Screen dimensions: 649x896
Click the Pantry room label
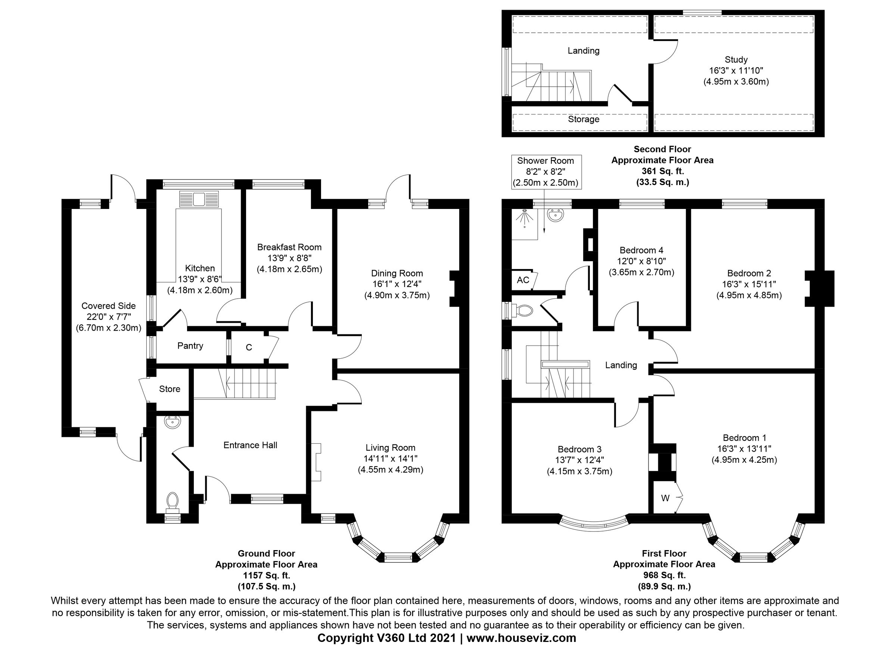tap(190, 346)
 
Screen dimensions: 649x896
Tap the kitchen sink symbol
tap(199, 199)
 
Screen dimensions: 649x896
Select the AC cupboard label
tap(523, 280)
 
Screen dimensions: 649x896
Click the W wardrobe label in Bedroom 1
tap(665, 499)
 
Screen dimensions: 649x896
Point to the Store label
tap(169, 389)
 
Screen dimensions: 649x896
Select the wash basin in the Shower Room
tap(556, 216)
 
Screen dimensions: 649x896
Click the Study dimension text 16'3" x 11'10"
tap(736, 71)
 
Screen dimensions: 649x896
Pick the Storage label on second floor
tap(584, 119)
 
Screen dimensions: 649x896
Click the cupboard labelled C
tap(249, 347)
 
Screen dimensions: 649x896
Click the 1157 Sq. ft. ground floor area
tap(266, 575)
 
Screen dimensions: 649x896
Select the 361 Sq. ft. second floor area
tap(663, 171)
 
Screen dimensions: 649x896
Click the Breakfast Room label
tap(289, 247)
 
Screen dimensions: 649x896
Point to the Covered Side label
tap(109, 306)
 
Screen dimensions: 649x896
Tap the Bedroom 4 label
tap(641, 250)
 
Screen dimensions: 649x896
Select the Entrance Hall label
tap(250, 445)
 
